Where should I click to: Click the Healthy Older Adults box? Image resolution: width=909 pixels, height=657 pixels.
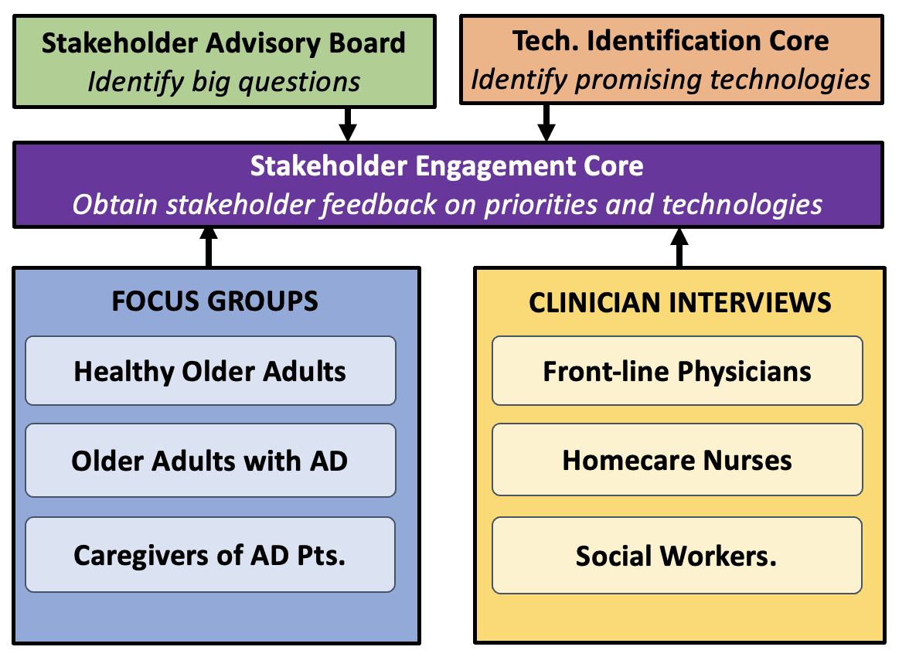point(210,370)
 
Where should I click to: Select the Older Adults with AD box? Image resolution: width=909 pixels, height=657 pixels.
point(210,461)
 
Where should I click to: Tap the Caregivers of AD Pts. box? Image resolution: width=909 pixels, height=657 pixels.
point(210,555)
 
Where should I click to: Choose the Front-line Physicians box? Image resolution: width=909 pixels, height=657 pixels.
point(677,370)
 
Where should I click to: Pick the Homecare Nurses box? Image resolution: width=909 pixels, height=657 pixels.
point(677,460)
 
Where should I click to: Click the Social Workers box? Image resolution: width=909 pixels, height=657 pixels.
point(677,556)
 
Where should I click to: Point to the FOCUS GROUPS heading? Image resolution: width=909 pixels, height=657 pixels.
point(215,301)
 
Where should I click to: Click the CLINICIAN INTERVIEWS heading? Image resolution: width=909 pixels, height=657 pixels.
point(680,303)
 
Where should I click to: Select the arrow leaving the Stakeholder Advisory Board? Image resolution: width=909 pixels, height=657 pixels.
point(347,124)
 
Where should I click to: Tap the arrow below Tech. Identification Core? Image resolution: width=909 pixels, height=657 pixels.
point(546,123)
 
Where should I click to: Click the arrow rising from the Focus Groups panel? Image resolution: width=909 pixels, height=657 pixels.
point(209,247)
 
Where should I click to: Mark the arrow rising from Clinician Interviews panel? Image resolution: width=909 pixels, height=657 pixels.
point(679,247)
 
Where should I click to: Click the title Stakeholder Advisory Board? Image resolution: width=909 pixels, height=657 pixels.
point(223,43)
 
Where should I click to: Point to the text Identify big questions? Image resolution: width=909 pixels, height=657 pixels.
point(224,82)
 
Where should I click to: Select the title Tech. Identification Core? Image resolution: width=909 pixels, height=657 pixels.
point(671,41)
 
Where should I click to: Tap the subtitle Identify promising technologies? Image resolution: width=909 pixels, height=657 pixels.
point(671,80)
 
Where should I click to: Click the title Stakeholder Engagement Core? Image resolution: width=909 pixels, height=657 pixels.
point(447,166)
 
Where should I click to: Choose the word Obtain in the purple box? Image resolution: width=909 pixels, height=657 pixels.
point(114,204)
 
